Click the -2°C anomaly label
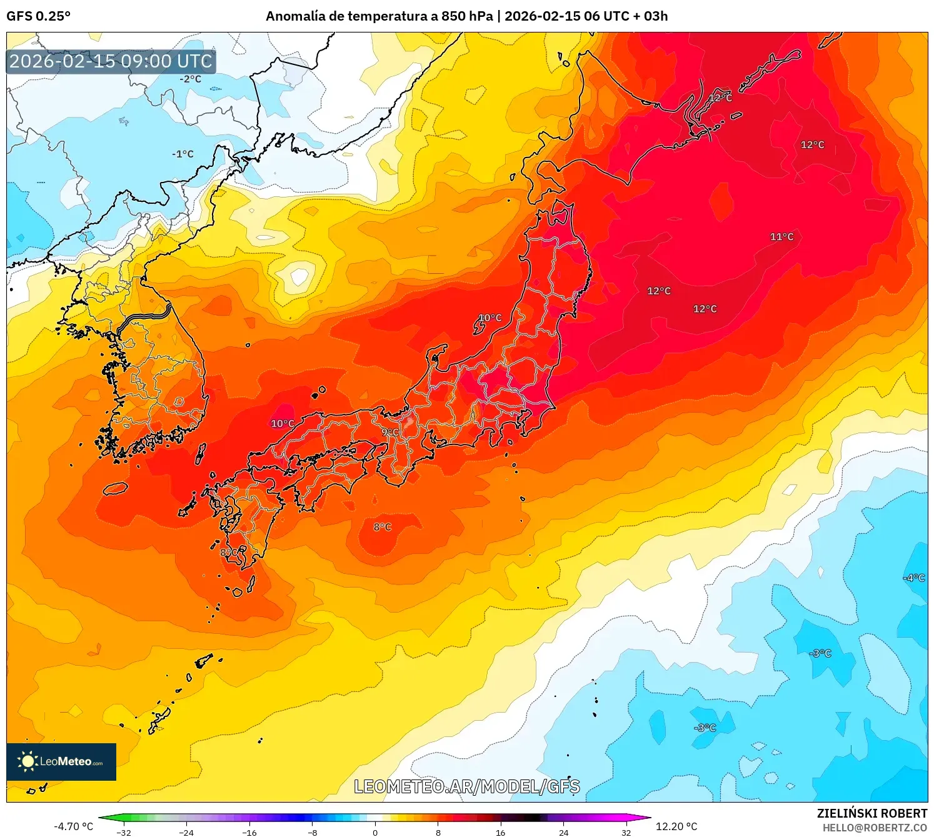pyautogui.click(x=191, y=79)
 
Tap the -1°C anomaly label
pyautogui.click(x=183, y=154)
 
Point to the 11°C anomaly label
pyautogui.click(x=781, y=237)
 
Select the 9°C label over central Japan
pyautogui.click(x=390, y=432)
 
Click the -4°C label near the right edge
pyautogui.click(x=914, y=578)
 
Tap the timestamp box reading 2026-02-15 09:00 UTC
pyautogui.click(x=111, y=61)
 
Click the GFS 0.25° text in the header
pyautogui.click(x=39, y=16)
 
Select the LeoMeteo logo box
pyautogui.click(x=61, y=761)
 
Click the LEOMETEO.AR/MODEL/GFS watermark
pyautogui.click(x=467, y=786)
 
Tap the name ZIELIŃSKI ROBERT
pyautogui.click(x=872, y=813)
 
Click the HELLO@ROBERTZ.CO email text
pyautogui.click(x=875, y=828)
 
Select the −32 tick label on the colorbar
pyautogui.click(x=124, y=832)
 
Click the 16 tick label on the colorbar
pyautogui.click(x=500, y=832)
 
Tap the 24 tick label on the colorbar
pyautogui.click(x=563, y=832)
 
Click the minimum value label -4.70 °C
pyautogui.click(x=74, y=826)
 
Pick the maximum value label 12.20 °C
pyautogui.click(x=676, y=826)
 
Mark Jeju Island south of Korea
pyautogui.click(x=116, y=489)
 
